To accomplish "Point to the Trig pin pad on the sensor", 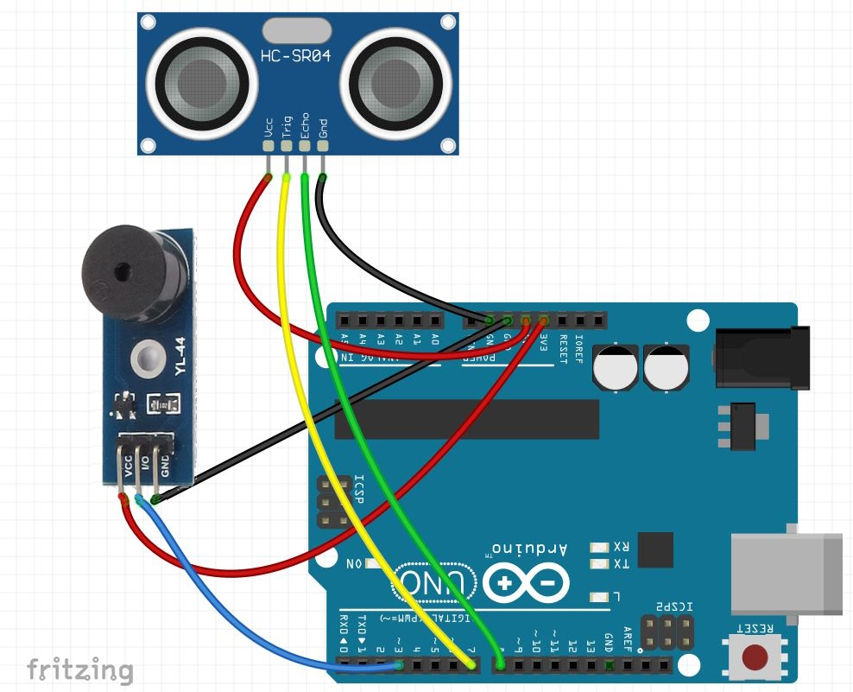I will tap(287, 145).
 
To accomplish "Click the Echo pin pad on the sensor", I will tap(305, 145).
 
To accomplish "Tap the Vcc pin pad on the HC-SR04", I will tap(269, 145).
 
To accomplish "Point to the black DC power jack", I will tap(760, 358).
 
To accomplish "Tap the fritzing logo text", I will tap(79, 670).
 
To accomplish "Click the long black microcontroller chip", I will tap(466, 419).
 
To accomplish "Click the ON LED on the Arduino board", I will tap(372, 564).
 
